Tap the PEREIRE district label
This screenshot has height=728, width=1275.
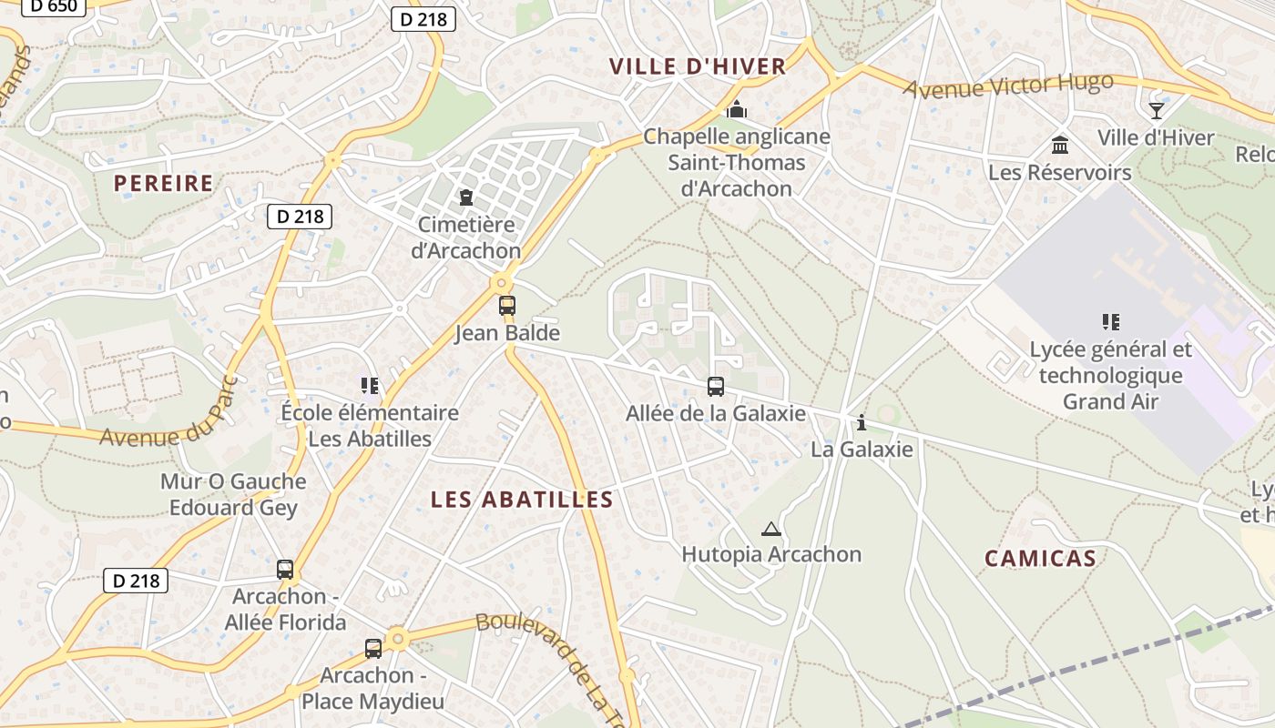click(163, 183)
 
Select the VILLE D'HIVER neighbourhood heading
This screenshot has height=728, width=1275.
click(698, 66)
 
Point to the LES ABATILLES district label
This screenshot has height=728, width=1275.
click(522, 500)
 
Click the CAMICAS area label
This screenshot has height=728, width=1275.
click(1040, 559)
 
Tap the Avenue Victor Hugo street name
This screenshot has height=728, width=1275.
click(1008, 86)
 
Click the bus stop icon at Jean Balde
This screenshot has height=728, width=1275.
click(507, 306)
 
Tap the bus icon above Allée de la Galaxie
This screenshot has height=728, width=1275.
click(716, 387)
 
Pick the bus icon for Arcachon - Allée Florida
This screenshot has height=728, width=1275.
click(285, 570)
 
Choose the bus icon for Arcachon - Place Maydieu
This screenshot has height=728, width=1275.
click(373, 649)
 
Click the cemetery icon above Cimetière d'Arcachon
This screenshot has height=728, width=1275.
click(466, 197)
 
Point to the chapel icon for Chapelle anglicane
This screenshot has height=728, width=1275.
click(737, 110)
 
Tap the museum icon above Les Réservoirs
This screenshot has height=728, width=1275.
click(1060, 145)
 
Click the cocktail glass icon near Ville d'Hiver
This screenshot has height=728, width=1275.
click(1157, 111)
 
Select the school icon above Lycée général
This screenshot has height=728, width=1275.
click(1110, 321)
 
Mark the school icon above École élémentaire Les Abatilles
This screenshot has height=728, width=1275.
click(369, 386)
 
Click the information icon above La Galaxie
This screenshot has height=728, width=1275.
click(862, 422)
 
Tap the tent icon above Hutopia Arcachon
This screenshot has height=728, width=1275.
click(771, 529)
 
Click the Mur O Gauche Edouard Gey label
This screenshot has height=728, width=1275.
click(233, 494)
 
